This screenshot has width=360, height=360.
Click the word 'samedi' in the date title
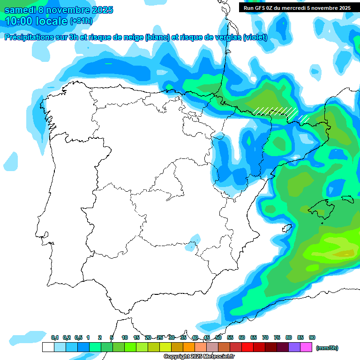coord(20,10)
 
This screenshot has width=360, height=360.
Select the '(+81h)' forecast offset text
coord(81,21)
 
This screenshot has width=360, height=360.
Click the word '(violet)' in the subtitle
coord(255,37)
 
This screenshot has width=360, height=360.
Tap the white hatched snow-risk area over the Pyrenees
coord(276,112)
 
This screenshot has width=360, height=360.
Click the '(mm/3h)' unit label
coord(327,348)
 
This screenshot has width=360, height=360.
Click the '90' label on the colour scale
coord(312,337)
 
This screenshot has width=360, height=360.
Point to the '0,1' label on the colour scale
coord(55,337)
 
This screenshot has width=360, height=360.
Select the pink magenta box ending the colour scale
coord(306,347)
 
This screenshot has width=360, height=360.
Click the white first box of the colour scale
coord(48,347)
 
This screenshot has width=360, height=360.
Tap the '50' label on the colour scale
coord(218,337)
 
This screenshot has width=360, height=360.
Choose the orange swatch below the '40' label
coord(189,347)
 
